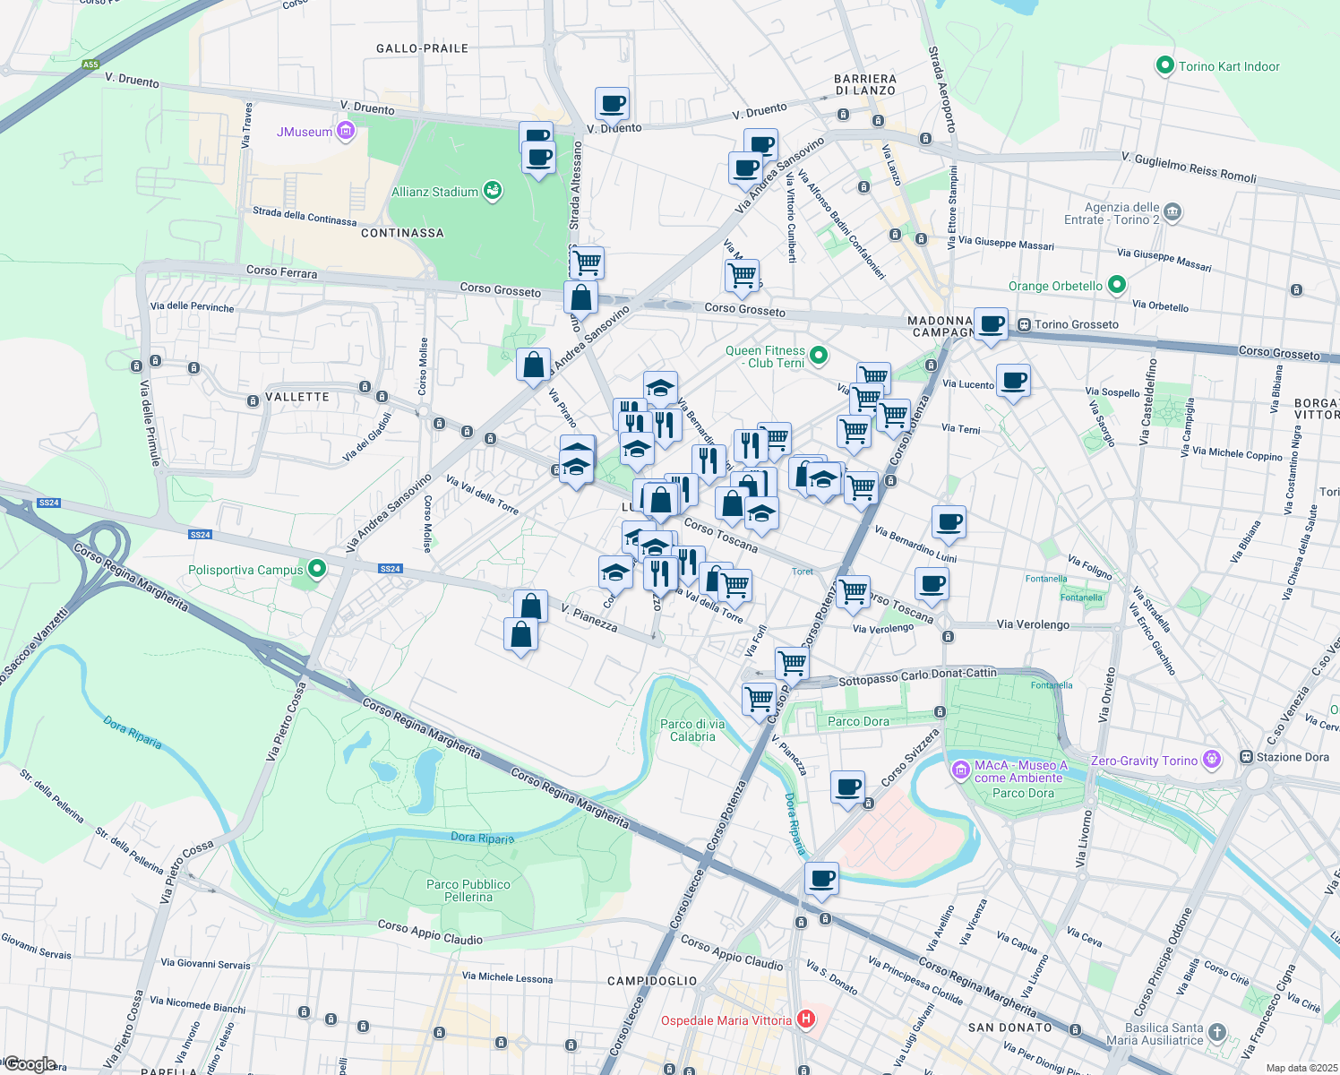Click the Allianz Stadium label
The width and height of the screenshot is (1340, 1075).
click(x=434, y=192)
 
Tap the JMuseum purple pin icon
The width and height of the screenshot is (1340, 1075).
click(x=346, y=132)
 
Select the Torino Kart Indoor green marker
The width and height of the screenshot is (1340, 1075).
click(x=1164, y=65)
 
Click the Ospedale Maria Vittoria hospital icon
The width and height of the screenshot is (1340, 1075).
click(x=805, y=1019)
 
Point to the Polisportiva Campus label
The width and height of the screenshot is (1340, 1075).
click(x=245, y=570)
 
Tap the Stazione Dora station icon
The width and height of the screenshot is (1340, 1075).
click(x=1246, y=757)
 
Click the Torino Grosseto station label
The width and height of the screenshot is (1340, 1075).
click(x=1076, y=324)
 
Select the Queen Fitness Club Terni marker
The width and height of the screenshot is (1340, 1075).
click(x=819, y=357)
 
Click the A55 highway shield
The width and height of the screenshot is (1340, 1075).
click(x=90, y=64)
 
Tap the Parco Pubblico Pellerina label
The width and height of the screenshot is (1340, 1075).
click(x=468, y=890)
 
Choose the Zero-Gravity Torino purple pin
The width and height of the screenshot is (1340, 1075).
click(x=1212, y=760)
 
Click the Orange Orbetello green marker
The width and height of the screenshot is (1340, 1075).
click(x=1116, y=285)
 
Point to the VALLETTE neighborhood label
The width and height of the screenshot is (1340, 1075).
click(x=297, y=397)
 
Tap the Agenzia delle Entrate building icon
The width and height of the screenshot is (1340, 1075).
click(x=1173, y=212)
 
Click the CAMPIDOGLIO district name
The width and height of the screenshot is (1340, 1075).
click(x=652, y=981)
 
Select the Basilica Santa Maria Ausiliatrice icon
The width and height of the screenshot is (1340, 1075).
click(x=1217, y=1032)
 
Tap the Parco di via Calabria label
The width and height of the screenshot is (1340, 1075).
click(x=692, y=730)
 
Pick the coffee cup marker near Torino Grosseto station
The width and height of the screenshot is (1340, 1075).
click(x=992, y=324)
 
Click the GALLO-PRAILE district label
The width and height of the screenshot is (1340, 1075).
click(x=422, y=48)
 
